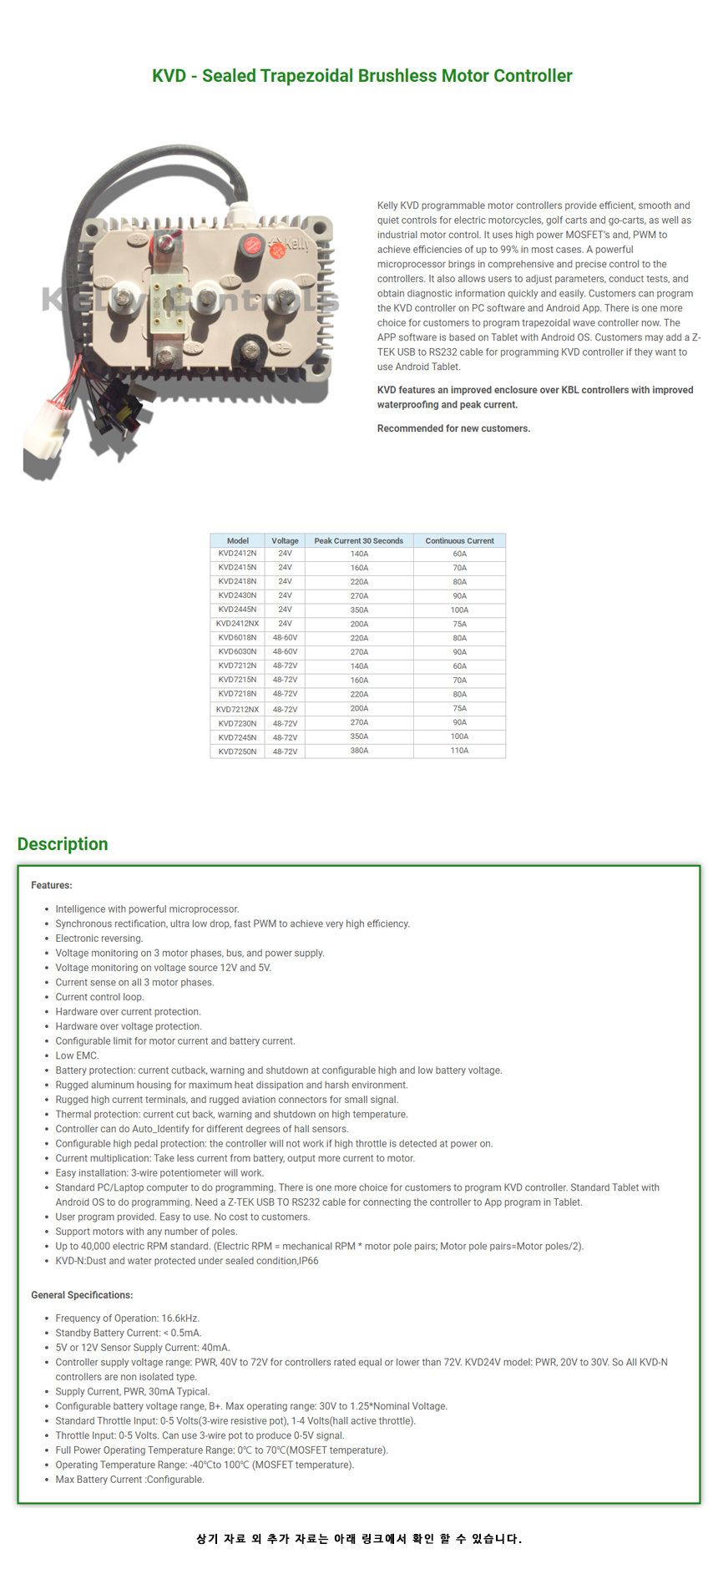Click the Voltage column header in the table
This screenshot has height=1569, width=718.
pos(285,540)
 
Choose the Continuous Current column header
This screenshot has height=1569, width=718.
pos(459,540)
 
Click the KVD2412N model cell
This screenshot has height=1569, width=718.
pos(237,554)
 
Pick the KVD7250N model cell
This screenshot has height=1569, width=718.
pos(237,752)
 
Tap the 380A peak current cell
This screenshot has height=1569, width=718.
pos(359,751)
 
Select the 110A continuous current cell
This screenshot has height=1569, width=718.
pos(459,751)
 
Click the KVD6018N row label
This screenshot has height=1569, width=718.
pos(237,638)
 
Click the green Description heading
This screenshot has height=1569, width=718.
pos(63,843)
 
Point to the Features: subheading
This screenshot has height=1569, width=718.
pos(52,885)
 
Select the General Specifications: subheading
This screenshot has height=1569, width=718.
pos(82,1295)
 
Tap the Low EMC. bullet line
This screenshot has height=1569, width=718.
pos(77,1055)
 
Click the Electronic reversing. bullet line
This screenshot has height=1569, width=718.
pos(99,939)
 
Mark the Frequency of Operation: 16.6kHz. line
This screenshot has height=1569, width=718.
pos(127,1318)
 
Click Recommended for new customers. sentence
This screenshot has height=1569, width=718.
pos(453,428)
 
